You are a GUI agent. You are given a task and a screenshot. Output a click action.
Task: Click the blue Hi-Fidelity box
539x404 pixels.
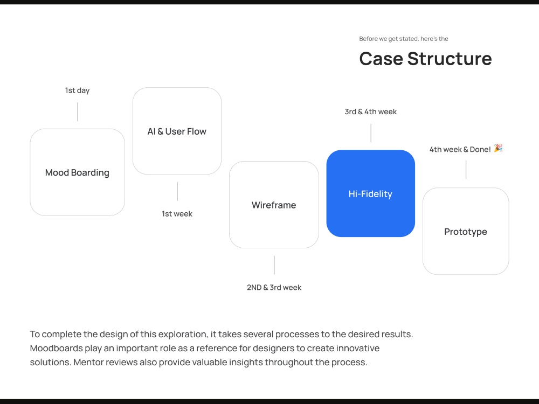click(371, 193)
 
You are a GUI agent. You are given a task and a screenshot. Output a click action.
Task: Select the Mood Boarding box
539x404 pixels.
click(77, 172)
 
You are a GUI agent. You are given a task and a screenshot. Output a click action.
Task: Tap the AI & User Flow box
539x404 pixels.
click(177, 131)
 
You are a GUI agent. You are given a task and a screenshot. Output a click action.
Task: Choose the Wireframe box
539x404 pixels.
click(274, 205)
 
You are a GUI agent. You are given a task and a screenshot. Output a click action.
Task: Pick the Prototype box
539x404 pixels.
click(466, 231)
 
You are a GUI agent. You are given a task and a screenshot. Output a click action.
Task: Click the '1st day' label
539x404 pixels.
click(77, 90)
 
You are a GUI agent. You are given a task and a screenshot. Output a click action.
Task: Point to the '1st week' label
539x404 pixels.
click(177, 214)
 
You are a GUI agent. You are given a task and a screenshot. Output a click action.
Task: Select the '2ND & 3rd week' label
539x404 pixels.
click(274, 288)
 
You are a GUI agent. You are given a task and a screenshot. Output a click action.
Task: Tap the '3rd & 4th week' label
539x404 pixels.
click(371, 112)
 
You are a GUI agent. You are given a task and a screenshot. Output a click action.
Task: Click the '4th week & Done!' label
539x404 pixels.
click(460, 149)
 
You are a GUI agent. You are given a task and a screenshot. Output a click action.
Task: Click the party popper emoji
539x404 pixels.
click(499, 148)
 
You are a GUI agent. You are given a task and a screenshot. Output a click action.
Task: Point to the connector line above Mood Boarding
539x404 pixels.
click(77, 112)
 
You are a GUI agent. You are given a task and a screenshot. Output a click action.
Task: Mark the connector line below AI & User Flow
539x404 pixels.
click(177, 191)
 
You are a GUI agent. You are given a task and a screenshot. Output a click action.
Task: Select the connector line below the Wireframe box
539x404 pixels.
click(274, 265)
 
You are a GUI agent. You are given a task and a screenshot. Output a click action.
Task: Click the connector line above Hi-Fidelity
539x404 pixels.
click(371, 133)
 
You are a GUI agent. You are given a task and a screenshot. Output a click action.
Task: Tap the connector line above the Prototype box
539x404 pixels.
click(466, 170)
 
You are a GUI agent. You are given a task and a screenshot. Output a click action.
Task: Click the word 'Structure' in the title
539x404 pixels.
click(450, 59)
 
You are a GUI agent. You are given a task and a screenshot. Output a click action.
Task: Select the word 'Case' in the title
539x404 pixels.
click(381, 59)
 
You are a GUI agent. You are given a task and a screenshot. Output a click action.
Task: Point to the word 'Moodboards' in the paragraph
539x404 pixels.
click(57, 348)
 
